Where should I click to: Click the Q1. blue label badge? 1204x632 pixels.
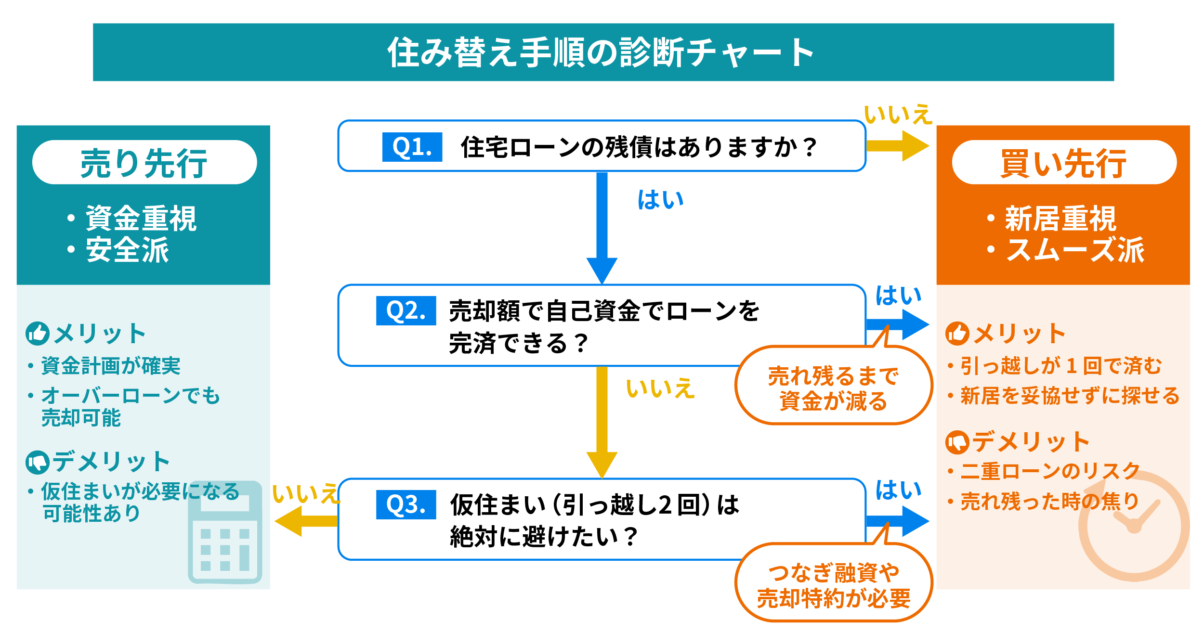pos(412,147)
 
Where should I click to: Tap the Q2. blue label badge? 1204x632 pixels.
pos(406,310)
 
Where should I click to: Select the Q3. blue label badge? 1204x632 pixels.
pos(406,504)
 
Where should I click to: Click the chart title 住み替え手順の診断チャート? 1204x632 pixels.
pos(602,52)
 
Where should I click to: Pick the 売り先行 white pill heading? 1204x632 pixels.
pos(144,162)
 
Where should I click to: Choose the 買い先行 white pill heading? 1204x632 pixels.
pos(1064,162)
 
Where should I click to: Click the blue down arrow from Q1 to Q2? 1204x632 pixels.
pos(602,226)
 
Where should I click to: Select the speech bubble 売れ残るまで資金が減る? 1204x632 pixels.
pos(833,388)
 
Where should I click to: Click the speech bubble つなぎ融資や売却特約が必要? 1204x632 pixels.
pos(833,585)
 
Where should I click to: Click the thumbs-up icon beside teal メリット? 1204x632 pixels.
pos(37,333)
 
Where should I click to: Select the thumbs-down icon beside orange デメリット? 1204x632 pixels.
pos(957,442)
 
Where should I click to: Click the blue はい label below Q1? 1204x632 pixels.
pos(660,200)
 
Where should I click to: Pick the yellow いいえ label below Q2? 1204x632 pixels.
pos(659,388)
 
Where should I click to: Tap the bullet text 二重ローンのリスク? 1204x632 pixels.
pos(1050,471)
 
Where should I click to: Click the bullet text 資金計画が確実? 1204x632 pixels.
pos(110,365)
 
